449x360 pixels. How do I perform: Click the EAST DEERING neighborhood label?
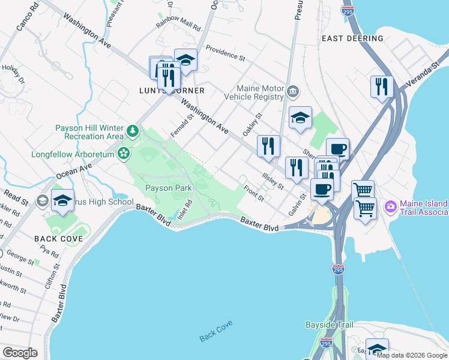[352, 38]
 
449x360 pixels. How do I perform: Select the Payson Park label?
[169, 188]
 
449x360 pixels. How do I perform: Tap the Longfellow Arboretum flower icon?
[124, 154]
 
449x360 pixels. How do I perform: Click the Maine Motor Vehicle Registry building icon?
[292, 92]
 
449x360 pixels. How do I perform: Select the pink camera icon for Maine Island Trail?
[391, 206]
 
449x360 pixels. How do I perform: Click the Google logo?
[20, 352]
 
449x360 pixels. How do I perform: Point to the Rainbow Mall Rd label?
[178, 25]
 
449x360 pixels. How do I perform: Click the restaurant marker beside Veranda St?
[382, 87]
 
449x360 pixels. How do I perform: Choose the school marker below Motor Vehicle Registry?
[300, 118]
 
